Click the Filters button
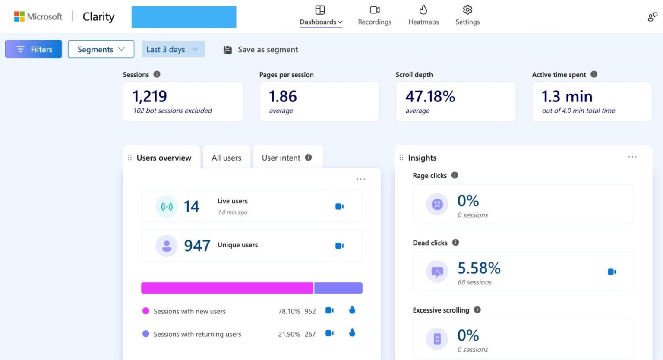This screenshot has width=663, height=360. click(x=34, y=49)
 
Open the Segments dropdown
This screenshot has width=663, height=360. click(x=101, y=49)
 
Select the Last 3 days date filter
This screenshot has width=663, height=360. click(x=173, y=49)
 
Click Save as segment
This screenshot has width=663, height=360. click(x=261, y=50)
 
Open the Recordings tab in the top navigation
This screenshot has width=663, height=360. click(x=374, y=16)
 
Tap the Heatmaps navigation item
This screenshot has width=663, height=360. click(x=423, y=16)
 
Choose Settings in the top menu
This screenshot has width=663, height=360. click(x=467, y=16)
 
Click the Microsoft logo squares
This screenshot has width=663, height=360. click(x=19, y=16)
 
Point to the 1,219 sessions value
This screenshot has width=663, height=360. click(x=150, y=96)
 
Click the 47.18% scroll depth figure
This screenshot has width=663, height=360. click(x=430, y=96)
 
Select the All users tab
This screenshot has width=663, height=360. click(x=226, y=158)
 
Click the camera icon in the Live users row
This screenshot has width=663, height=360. click(x=339, y=207)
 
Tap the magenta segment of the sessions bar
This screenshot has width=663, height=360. click(x=227, y=288)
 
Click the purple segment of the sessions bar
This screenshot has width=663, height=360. click(x=338, y=288)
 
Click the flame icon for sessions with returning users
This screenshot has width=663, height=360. click(x=352, y=333)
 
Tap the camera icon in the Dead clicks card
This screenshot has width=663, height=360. click(x=612, y=272)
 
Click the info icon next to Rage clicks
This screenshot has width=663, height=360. click(x=455, y=175)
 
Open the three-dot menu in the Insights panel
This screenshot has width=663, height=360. click(x=632, y=157)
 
